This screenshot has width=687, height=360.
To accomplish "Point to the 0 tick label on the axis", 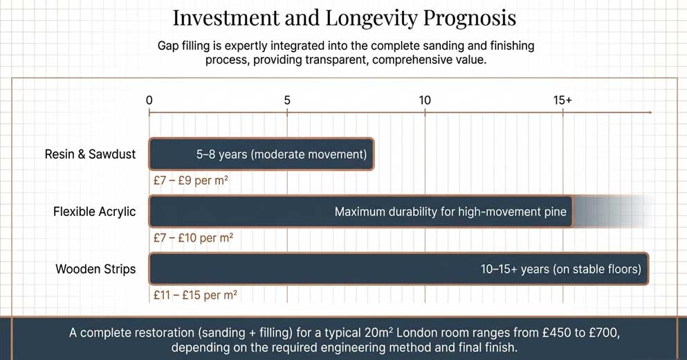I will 149,100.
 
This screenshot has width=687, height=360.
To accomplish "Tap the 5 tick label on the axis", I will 287,100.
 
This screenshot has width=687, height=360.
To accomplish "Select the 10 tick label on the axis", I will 425,100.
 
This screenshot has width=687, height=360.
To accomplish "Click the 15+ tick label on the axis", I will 562,100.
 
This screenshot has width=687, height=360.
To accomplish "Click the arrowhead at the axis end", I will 648,112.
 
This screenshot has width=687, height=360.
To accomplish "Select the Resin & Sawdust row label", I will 90,154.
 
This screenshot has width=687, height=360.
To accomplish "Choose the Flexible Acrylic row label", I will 95,212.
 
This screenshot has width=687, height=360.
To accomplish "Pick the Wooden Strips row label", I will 95,269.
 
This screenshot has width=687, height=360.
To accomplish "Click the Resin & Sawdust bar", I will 261,154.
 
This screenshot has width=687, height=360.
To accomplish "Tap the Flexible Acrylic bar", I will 360,212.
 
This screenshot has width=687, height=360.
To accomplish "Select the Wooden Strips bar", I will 398,269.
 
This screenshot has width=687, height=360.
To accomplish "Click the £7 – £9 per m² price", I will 191,181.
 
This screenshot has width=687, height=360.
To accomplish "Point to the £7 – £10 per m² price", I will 194,238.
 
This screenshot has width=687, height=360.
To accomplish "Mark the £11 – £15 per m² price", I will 196,295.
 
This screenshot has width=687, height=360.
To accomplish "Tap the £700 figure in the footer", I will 596,333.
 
